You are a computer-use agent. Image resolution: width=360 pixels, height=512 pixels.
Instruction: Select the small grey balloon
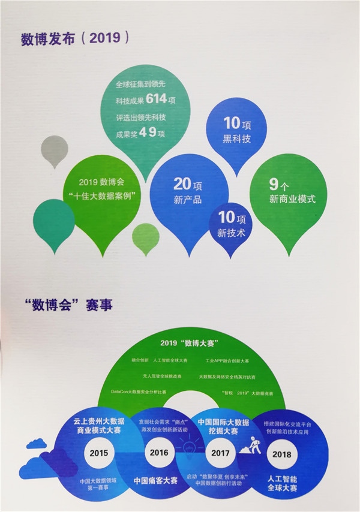coord(55,150)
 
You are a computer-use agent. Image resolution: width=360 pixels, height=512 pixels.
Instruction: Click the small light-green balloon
coord(145,237)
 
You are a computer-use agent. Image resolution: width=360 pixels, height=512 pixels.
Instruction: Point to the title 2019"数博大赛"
coord(189,343)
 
